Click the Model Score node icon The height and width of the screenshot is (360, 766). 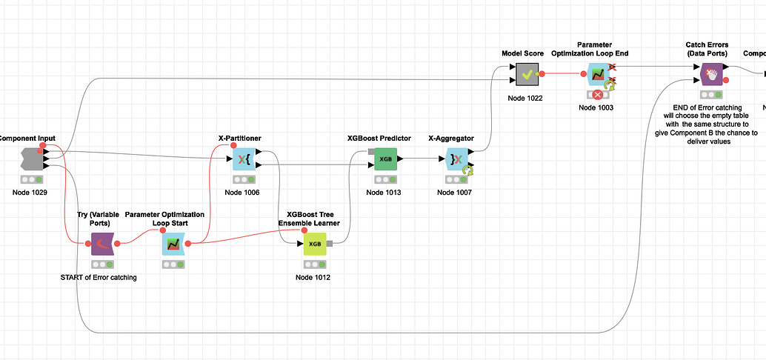click(527, 74)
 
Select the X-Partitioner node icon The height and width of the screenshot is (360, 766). click(244, 159)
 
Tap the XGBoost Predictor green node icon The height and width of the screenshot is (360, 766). click(385, 159)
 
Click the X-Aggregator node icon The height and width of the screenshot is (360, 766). click(456, 159)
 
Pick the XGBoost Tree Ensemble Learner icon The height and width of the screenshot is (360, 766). click(314, 244)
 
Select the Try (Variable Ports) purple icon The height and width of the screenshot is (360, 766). click(101, 244)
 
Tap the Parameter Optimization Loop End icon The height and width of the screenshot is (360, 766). click(597, 74)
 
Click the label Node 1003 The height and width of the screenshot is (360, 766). click(597, 108)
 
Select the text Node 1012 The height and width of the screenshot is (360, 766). click(313, 278)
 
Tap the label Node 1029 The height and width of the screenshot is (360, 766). click(30, 193)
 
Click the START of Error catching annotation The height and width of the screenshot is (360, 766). click(99, 278)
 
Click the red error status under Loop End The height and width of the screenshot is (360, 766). click(597, 95)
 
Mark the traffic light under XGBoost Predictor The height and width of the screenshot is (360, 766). click(385, 179)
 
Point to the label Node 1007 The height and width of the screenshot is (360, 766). click(455, 193)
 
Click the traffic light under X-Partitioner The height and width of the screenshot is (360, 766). click(244, 179)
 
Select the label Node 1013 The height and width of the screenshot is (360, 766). click(384, 193)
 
